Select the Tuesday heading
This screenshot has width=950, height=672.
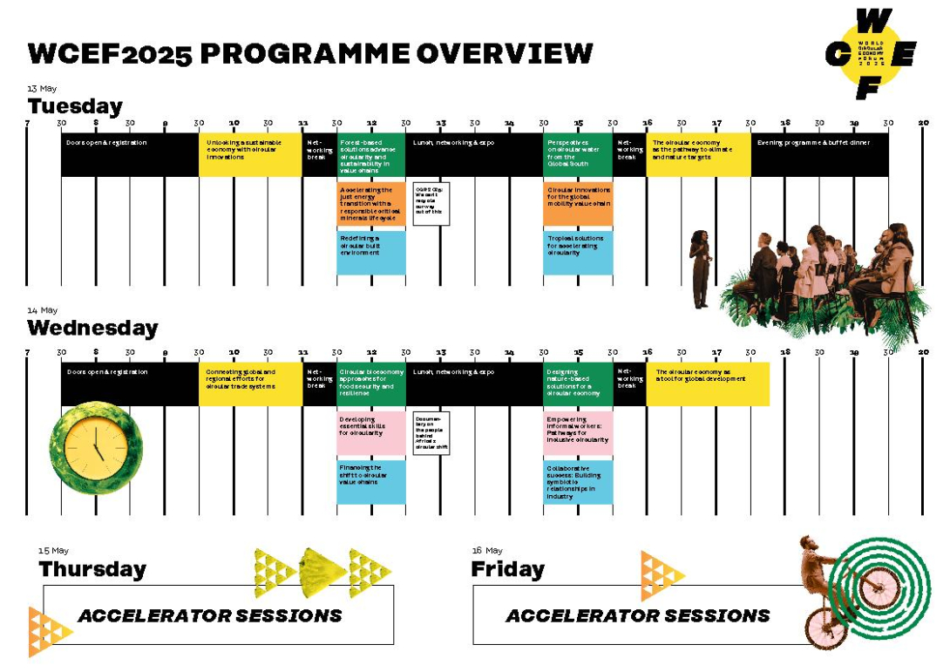(75, 106)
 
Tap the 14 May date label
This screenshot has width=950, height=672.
(42, 310)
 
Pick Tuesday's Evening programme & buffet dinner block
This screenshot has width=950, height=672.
(819, 155)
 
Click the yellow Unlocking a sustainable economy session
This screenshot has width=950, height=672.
(250, 155)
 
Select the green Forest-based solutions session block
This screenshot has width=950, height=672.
(371, 155)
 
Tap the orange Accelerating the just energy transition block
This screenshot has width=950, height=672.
(371, 204)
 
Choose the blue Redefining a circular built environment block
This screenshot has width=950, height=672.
(371, 252)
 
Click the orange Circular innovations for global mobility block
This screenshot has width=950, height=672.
(578, 204)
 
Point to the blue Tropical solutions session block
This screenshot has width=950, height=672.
(578, 252)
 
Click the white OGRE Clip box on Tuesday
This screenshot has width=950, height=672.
(431, 204)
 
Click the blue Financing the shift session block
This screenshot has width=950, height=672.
(371, 482)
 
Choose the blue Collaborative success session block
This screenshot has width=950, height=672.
(578, 482)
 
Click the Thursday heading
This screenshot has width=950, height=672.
(92, 569)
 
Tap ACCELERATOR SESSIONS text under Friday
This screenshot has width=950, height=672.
(638, 615)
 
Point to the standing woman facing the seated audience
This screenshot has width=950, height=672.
(701, 268)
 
